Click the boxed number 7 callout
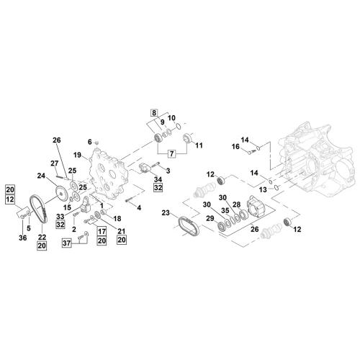pos(171,153)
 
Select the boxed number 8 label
pos(154,112)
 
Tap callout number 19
pos(77,155)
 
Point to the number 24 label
pos(41,176)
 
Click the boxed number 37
pos(67,243)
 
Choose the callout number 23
pos(166,212)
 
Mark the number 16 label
pos(235,146)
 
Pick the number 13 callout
pos(263,189)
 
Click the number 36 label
pos(23,238)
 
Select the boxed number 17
pos(102,231)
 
